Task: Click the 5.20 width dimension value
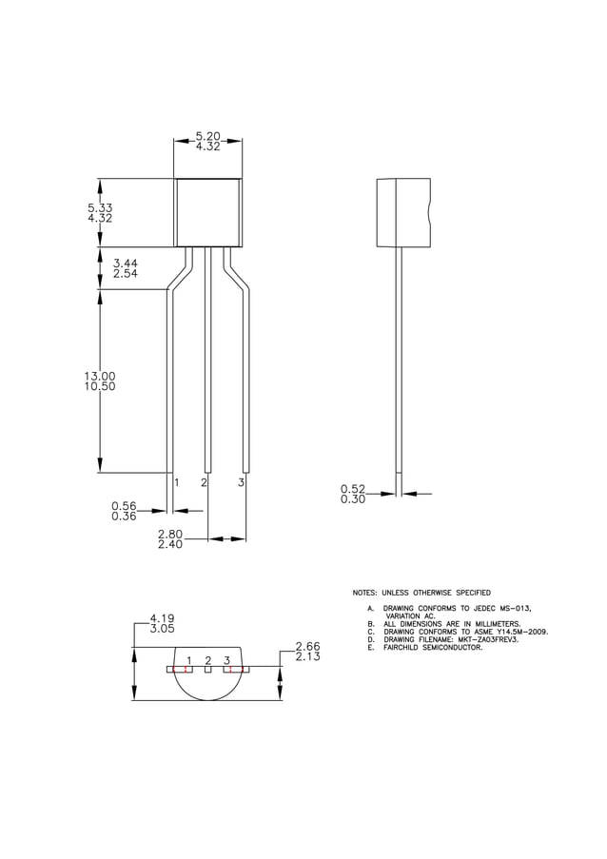[x=207, y=137]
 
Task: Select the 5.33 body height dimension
[x=100, y=207]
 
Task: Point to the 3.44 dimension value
[x=126, y=263]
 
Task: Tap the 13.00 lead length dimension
[x=100, y=376]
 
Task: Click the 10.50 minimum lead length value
[x=100, y=387]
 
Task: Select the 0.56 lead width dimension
[x=124, y=506]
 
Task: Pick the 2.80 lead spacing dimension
[x=170, y=535]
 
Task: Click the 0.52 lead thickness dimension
[x=353, y=489]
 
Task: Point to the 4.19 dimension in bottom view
[x=162, y=618]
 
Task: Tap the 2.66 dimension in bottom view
[x=307, y=646]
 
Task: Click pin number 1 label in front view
[x=177, y=483]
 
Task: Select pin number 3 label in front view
[x=242, y=483]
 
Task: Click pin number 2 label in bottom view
[x=208, y=659]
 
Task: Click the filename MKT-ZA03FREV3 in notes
[x=485, y=639]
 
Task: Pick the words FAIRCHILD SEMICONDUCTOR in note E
[x=433, y=648]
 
